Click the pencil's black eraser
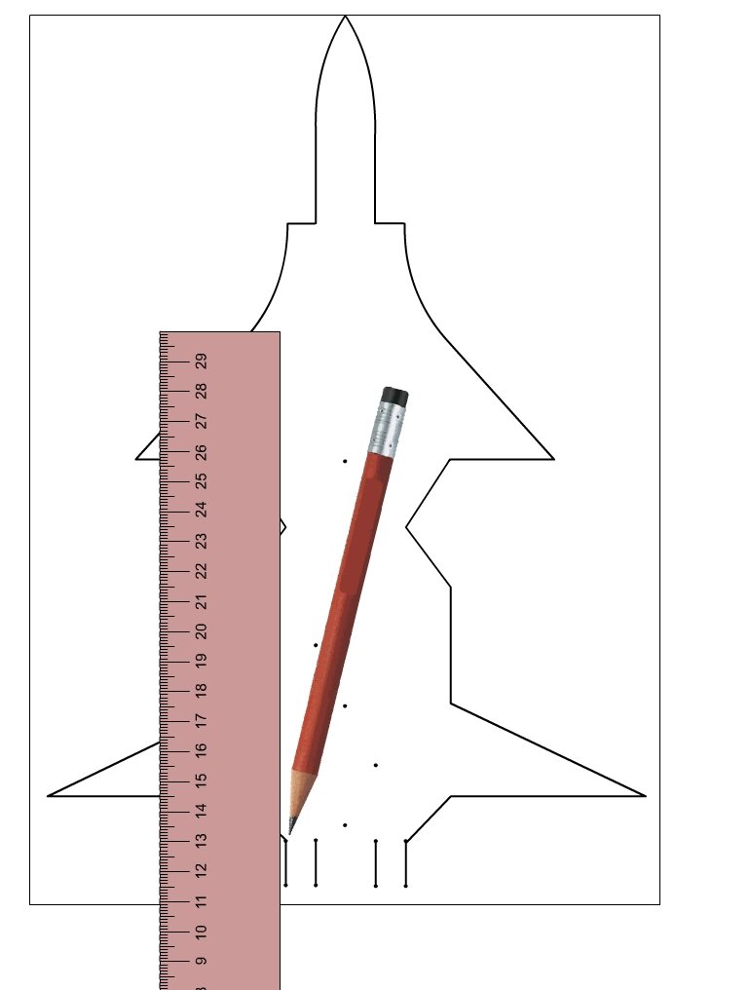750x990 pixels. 395,396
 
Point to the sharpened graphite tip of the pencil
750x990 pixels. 291,826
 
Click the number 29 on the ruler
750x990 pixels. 201,362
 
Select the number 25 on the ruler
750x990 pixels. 201,481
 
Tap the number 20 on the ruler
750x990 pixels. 201,630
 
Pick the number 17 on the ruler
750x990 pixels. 201,720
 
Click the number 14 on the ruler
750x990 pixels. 201,811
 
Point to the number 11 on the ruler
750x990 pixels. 201,901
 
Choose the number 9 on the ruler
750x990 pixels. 201,961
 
